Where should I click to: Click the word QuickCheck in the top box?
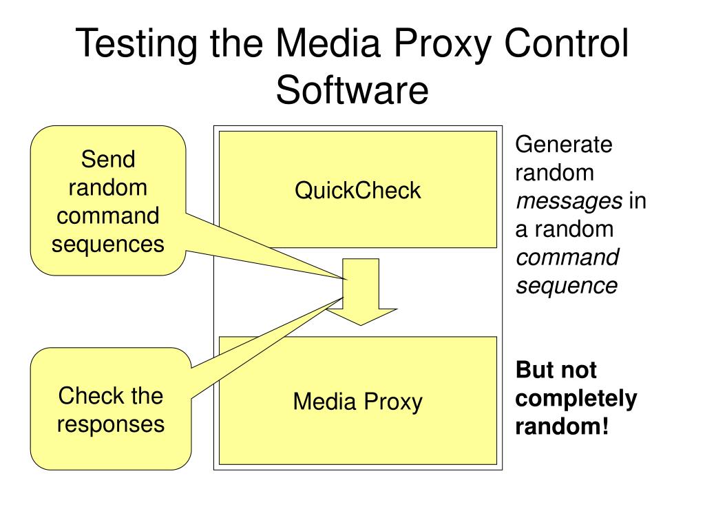click(x=357, y=190)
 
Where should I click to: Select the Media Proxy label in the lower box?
click(x=357, y=401)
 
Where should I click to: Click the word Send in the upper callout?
click(x=108, y=160)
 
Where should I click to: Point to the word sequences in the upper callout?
click(x=108, y=243)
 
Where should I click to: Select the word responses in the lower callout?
click(x=111, y=424)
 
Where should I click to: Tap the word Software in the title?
click(x=352, y=91)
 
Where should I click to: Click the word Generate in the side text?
click(x=564, y=145)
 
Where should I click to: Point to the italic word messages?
click(x=569, y=201)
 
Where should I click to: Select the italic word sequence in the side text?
click(x=567, y=285)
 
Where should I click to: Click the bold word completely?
click(x=576, y=399)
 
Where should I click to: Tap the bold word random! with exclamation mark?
click(x=562, y=426)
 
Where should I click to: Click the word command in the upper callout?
click(x=108, y=216)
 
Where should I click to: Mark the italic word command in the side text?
click(x=567, y=257)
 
